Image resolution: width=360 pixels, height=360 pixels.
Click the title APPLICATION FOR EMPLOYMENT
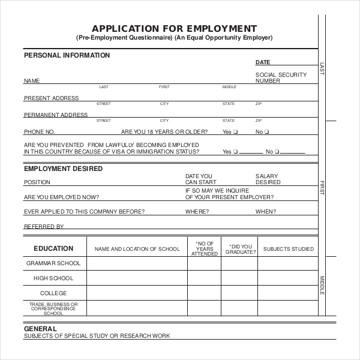point(174,28)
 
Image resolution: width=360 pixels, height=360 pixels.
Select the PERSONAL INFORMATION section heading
point(67,55)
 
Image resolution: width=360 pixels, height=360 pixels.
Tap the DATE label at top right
point(263,62)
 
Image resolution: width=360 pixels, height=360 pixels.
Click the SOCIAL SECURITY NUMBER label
point(281,78)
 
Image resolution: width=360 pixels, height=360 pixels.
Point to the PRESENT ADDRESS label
point(51,98)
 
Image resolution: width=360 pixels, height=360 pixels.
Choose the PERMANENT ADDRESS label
point(56,115)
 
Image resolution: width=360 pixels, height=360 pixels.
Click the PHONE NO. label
point(39,131)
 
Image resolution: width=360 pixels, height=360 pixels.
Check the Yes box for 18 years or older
point(235,131)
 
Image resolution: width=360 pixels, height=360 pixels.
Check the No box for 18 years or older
point(267,131)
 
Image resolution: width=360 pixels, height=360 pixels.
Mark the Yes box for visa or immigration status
point(235,152)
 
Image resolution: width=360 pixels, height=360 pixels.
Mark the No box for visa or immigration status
point(277,152)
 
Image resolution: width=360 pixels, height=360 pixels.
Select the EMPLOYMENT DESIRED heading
point(63,169)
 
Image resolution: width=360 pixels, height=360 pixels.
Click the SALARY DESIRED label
point(268,179)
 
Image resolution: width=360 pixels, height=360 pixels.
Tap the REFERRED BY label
point(43,227)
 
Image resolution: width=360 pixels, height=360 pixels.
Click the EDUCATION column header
point(53,248)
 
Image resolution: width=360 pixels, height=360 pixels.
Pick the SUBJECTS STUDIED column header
point(288,248)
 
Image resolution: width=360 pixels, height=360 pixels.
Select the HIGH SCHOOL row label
point(53,278)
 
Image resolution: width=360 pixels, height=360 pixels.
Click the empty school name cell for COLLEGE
point(137,293)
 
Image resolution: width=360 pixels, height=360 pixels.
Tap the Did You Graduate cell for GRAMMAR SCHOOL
point(241,263)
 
